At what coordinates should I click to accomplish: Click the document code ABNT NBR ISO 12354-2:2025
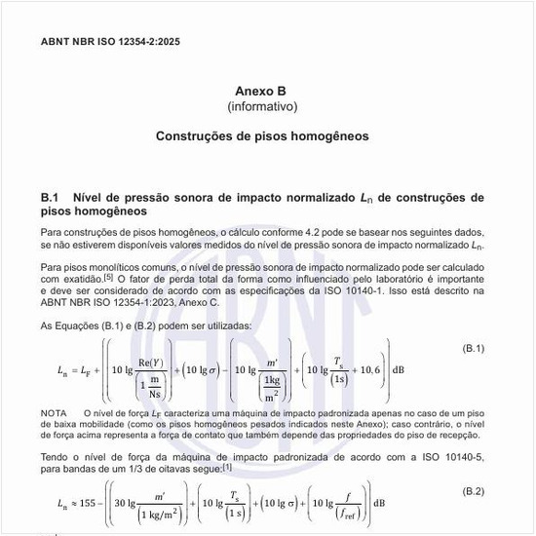click(110, 42)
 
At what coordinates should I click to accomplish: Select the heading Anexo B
click(261, 90)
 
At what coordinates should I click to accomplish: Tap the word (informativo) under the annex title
click(262, 105)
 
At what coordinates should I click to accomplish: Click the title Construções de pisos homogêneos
click(262, 136)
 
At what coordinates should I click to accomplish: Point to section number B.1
click(51, 197)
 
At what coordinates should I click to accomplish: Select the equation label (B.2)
click(472, 490)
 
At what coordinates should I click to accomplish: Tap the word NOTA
click(55, 414)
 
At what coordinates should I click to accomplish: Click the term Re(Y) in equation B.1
click(149, 364)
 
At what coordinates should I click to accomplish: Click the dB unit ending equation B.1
click(398, 370)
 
